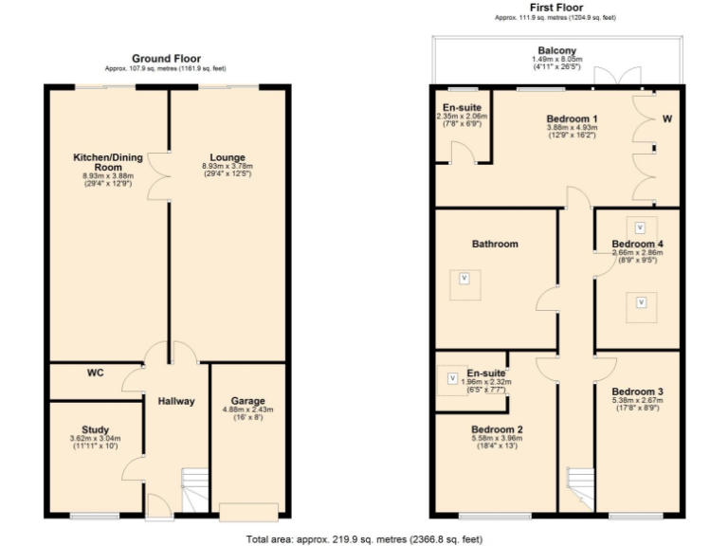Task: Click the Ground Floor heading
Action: [166, 59]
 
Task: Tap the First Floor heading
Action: [556, 7]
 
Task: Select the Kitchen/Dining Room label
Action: [103, 162]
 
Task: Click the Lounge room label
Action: [227, 157]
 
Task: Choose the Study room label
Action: [95, 428]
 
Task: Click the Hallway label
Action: [176, 401]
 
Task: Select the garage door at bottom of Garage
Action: [248, 511]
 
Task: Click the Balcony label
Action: [556, 51]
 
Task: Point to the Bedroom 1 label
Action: [571, 118]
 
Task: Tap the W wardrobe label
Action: [666, 119]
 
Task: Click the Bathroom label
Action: [495, 244]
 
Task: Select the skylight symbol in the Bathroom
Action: [464, 278]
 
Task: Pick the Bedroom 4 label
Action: [637, 244]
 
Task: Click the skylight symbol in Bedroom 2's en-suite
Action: [452, 378]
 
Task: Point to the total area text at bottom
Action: [364, 538]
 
